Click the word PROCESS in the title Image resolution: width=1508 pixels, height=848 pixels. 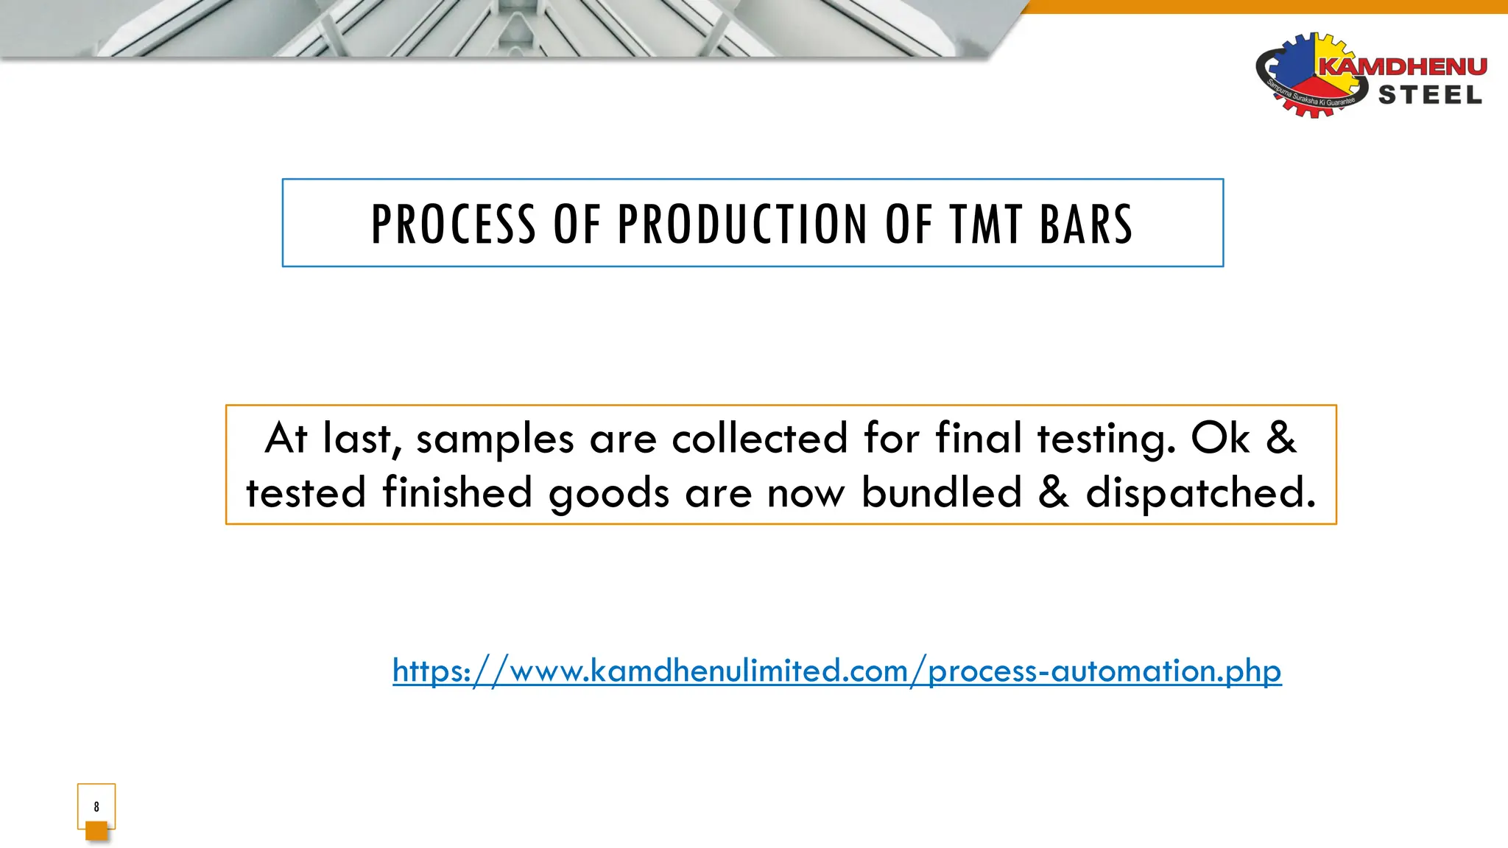click(453, 224)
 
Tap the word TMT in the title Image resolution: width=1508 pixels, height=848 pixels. click(986, 224)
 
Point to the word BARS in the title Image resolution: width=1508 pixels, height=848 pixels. click(1086, 224)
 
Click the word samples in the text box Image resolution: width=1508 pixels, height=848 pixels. click(495, 439)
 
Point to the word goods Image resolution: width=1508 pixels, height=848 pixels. click(609, 494)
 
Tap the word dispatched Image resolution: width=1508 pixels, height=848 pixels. click(1200, 493)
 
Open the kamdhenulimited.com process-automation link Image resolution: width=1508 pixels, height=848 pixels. click(836, 671)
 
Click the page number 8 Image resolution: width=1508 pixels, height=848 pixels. click(96, 807)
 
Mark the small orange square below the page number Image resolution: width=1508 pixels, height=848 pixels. click(96, 831)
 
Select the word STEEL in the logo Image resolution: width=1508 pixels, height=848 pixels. click(1430, 96)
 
